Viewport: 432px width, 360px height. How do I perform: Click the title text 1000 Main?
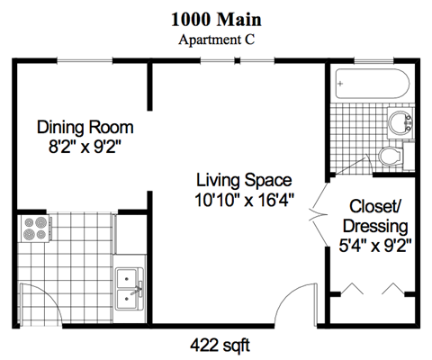(x=217, y=21)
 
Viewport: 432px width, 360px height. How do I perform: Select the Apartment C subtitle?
(x=217, y=40)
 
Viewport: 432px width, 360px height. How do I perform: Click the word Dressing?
(x=374, y=225)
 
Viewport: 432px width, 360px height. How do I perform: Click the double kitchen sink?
(x=128, y=287)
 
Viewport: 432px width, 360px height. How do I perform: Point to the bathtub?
(x=372, y=85)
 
